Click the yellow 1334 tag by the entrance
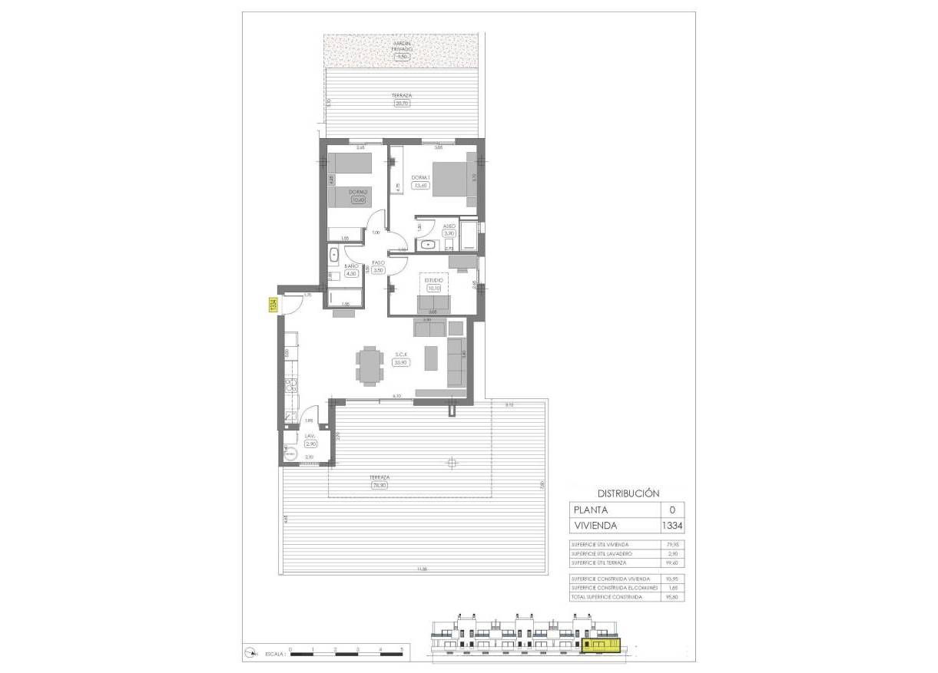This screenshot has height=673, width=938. point(273,305)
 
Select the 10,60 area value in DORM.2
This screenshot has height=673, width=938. point(357,200)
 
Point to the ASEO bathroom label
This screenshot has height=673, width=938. point(450,226)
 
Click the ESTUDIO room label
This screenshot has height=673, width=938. point(434,280)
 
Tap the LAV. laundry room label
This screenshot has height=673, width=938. point(310,436)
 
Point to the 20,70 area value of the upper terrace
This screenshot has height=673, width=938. point(402,103)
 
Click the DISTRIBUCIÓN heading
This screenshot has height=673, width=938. point(628,493)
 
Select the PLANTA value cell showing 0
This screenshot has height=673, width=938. point(672,510)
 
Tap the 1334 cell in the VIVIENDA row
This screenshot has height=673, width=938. point(672,526)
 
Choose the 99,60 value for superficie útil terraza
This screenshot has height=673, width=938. point(673,562)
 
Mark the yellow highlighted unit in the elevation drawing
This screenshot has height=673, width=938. point(601,648)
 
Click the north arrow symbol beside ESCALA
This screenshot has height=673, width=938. point(250,653)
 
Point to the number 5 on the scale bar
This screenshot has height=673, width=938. point(402,649)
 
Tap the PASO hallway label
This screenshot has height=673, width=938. point(378,262)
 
